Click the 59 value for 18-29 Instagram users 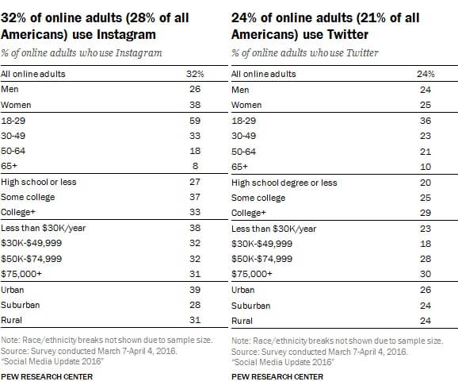coord(193,120)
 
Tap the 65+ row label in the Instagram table coord(11,166)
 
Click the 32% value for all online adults coord(194,74)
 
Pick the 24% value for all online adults coord(424,74)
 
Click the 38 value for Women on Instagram coord(193,105)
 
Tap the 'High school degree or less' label coord(284,182)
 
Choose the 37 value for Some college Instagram coord(193,198)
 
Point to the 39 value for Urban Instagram coord(193,290)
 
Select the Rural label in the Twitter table coord(242,321)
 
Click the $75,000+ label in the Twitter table coord(251,274)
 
